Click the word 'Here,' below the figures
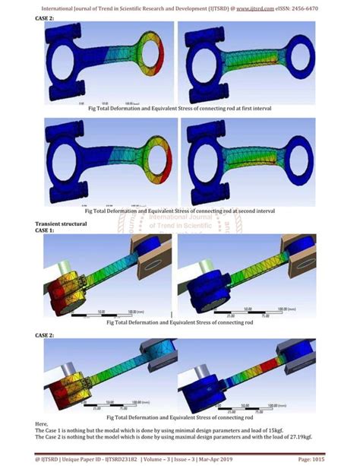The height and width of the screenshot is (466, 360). pyautogui.click(x=42, y=423)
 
